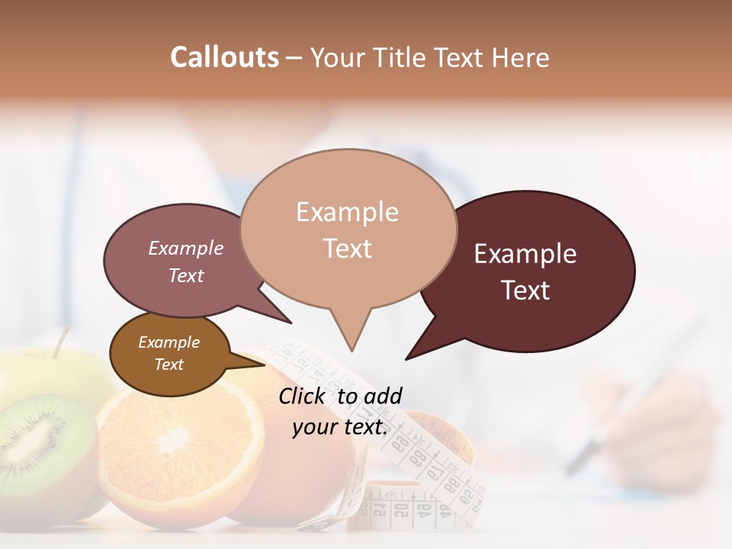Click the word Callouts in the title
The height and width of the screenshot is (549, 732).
coord(224,57)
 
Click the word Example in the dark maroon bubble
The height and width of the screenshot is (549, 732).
coord(525,254)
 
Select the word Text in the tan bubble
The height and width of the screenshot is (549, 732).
coord(348,249)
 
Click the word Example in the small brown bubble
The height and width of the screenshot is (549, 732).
coord(169,342)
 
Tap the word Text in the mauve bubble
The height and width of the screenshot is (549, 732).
coord(186,275)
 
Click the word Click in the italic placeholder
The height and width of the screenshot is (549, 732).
coord(303,396)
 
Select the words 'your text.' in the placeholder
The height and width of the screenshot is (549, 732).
coord(340,427)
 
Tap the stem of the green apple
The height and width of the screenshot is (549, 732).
coord(60,342)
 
